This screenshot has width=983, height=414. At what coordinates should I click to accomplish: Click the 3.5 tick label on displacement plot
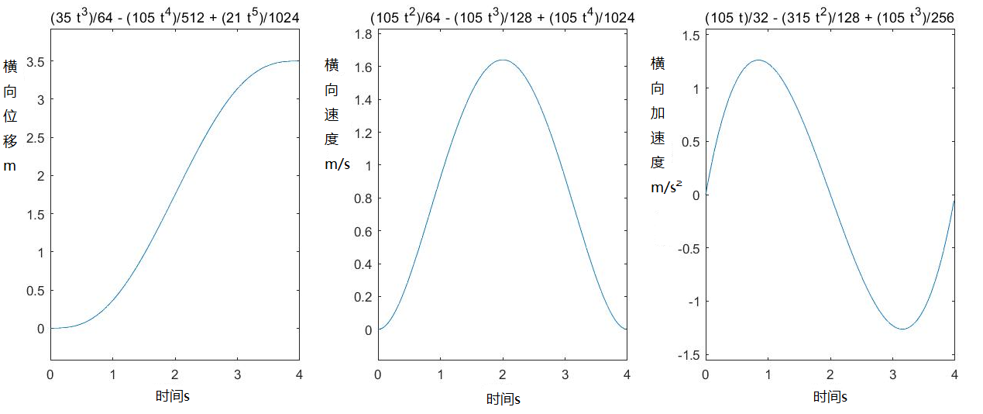pyautogui.click(x=36, y=61)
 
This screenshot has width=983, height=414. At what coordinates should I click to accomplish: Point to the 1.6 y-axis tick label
pyautogui.click(x=363, y=67)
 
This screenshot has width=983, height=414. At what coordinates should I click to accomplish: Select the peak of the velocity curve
pyautogui.click(x=503, y=60)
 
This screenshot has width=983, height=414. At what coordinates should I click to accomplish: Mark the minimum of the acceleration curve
pyautogui.click(x=902, y=329)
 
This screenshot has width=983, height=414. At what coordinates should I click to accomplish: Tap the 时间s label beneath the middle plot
pyautogui.click(x=504, y=399)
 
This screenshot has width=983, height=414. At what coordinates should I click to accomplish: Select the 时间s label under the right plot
pyautogui.click(x=830, y=397)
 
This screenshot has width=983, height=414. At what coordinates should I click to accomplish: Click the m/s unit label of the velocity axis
pyautogui.click(x=337, y=165)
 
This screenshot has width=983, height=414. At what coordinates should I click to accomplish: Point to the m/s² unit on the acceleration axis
pyautogui.click(x=665, y=187)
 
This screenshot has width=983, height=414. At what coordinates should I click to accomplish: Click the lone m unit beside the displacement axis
pyautogui.click(x=10, y=166)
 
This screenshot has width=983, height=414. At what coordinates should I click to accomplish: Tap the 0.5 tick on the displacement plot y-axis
pyautogui.click(x=36, y=291)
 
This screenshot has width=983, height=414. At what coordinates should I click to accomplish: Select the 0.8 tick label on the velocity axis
pyautogui.click(x=363, y=198)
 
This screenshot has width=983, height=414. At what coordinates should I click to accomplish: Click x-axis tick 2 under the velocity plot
pyautogui.click(x=503, y=374)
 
